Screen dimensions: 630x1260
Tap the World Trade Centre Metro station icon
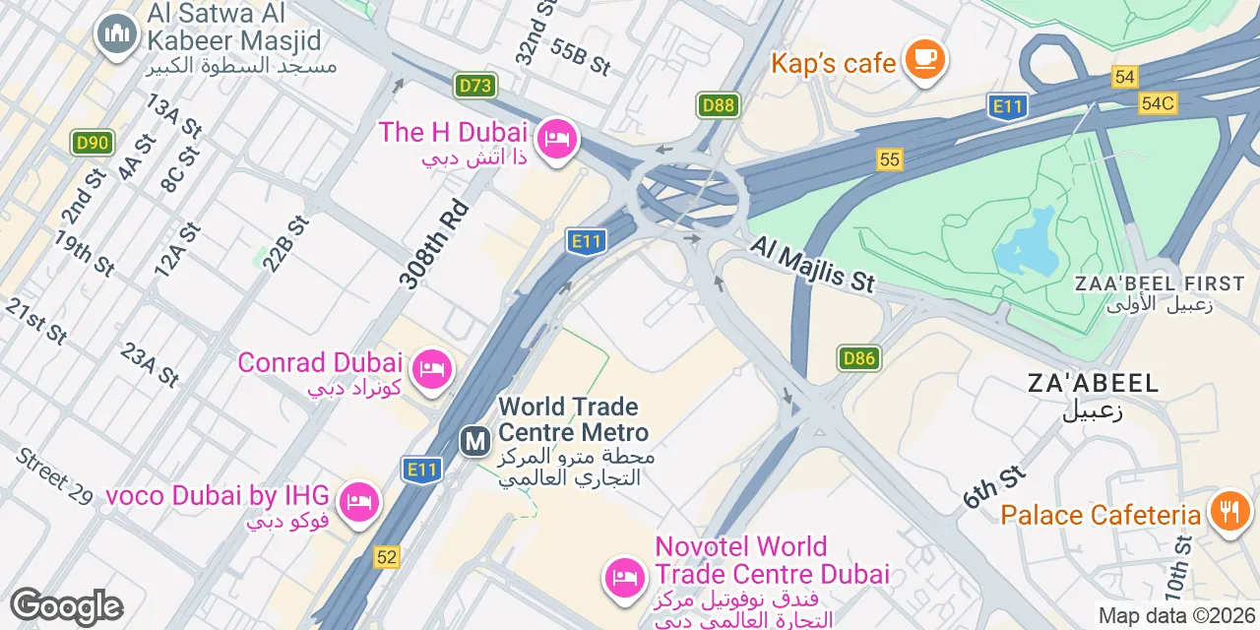(475, 441)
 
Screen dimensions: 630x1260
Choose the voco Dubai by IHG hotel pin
(358, 503)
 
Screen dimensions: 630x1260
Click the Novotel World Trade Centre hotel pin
(624, 575)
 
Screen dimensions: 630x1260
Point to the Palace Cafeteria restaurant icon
(1228, 512)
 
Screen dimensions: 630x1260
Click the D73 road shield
(474, 87)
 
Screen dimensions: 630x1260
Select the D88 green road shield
(719, 105)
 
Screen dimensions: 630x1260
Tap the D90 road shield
(92, 143)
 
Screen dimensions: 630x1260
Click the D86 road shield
(858, 358)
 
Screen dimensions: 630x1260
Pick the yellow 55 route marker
(890, 159)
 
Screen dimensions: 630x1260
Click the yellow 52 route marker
(387, 557)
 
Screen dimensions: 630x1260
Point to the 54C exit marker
(1158, 102)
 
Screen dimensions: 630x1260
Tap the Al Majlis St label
(812, 263)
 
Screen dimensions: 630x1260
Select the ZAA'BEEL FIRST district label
(1160, 283)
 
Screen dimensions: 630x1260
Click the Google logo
(66, 606)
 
